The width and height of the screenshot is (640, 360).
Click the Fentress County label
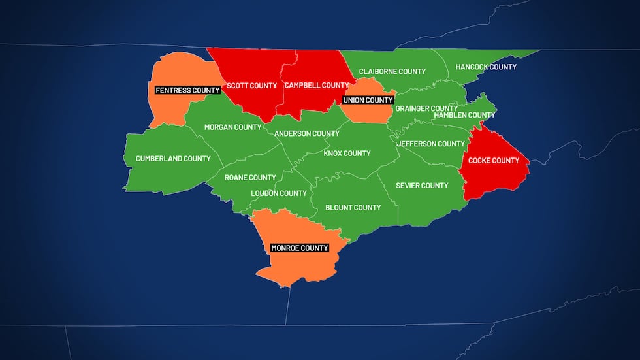tap(187, 90)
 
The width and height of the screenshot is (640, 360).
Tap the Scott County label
tap(251, 86)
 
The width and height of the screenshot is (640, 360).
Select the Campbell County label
tap(317, 86)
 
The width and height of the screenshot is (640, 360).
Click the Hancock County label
tap(486, 67)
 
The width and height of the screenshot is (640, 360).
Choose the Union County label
tap(368, 101)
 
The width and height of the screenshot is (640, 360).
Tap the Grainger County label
tap(426, 108)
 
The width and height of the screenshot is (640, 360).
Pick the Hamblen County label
tap(464, 115)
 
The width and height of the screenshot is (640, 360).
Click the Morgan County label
tap(232, 127)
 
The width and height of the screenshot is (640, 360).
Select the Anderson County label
tap(306, 133)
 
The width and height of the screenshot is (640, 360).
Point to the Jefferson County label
tap(431, 144)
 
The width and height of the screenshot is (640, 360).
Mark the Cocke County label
tap(494, 161)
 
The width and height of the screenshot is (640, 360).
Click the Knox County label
tap(347, 154)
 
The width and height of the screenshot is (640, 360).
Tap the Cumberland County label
tap(173, 159)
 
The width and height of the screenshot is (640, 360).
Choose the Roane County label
tap(250, 178)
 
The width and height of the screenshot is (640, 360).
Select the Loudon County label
tap(279, 193)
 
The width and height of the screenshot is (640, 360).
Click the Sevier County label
tap(422, 186)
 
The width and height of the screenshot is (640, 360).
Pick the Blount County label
tap(353, 208)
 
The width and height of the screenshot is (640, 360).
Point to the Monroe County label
tap(300, 248)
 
